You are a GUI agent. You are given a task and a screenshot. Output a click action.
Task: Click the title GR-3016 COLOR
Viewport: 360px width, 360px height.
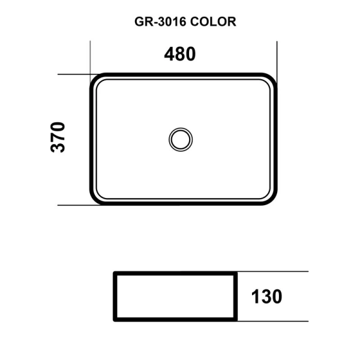tap(184, 22)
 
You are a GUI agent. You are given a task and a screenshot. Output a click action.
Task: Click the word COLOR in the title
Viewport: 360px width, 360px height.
tap(214, 22)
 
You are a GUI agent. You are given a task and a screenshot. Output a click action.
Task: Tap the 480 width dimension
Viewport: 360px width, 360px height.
tap(180, 54)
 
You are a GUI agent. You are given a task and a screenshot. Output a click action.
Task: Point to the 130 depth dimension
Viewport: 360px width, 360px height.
tap(266, 296)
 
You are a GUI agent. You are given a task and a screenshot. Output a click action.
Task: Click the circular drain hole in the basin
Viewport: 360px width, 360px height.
tap(180, 139)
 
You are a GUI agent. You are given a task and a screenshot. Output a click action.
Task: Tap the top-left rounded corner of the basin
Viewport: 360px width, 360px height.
tap(96, 80)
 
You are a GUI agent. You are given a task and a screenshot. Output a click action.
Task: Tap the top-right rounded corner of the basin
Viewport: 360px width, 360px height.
tap(272, 80)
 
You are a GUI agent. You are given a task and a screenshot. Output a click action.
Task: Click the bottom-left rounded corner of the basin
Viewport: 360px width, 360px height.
tap(96, 199)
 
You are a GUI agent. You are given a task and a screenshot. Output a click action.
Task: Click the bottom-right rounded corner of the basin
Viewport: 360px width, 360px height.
tap(272, 199)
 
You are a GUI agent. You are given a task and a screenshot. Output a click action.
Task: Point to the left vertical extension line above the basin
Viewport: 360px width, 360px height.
tap(90, 57)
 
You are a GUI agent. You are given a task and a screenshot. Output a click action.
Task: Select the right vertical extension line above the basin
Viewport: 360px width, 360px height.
tap(277, 57)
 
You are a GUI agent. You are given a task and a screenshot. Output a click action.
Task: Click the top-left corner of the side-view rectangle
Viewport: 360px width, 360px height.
tap(115, 273)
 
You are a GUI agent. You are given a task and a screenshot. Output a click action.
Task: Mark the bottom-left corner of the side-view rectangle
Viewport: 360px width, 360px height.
tap(115, 320)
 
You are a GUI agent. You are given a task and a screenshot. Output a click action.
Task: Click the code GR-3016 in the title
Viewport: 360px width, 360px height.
tap(160, 22)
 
